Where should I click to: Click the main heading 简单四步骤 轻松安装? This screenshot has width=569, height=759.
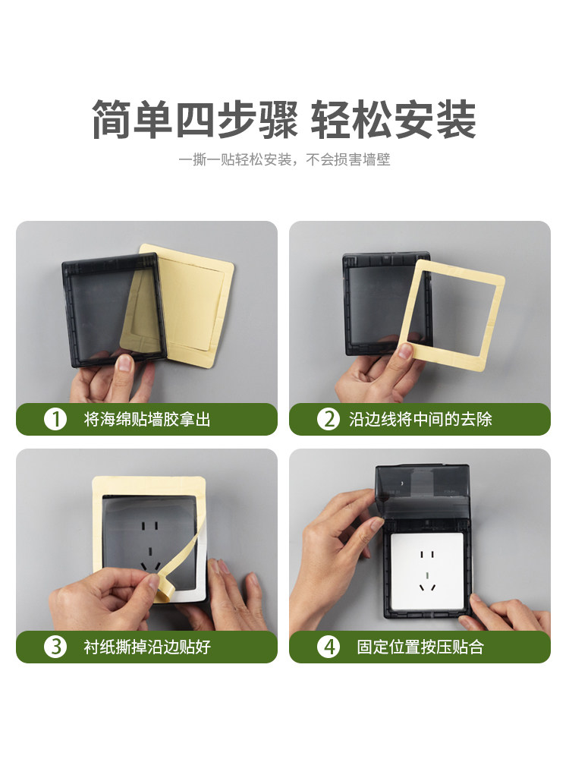[284, 120]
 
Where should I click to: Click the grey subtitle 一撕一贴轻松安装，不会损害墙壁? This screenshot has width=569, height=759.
[284, 161]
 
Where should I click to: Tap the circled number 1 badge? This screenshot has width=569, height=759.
[55, 419]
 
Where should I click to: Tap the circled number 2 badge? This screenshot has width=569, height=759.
[328, 419]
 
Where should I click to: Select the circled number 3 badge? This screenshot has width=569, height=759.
[55, 647]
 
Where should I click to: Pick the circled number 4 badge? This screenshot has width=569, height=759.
[328, 647]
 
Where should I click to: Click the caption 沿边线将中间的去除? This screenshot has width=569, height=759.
[420, 419]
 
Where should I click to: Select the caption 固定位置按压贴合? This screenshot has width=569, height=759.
[420, 647]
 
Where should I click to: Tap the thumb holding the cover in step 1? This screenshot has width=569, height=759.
[124, 364]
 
